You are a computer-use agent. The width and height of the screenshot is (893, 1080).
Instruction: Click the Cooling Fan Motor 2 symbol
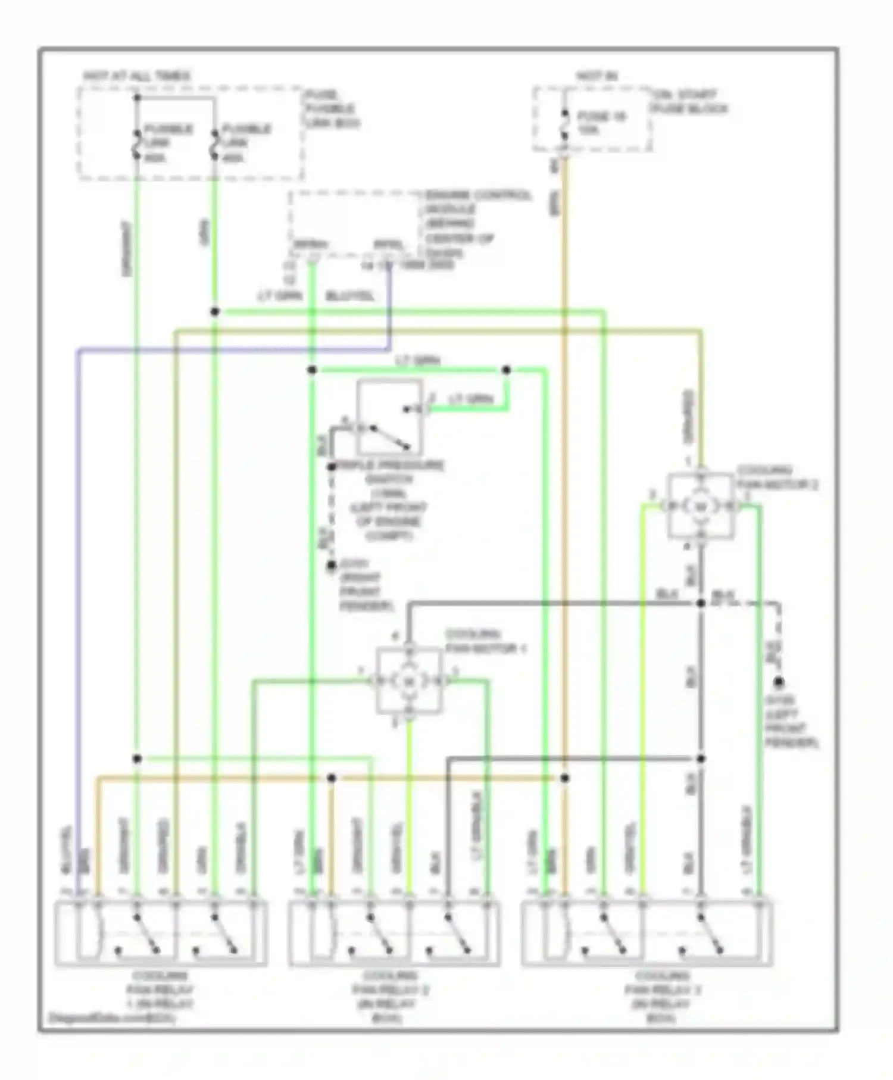pos(701,506)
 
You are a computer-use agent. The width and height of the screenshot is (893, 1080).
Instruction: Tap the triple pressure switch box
pos(389,419)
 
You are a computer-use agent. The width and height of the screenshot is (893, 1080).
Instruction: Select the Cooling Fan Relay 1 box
pos(161,934)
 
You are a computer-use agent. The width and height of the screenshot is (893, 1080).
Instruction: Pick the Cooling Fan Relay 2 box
pos(394,934)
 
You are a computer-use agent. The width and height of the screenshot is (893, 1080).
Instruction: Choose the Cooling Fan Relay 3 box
pos(647,934)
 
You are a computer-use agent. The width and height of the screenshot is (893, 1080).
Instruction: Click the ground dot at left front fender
pos(778,682)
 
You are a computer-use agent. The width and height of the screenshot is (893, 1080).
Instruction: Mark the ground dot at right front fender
pos(332,566)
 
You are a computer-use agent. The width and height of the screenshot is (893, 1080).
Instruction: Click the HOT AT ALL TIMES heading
pos(137,76)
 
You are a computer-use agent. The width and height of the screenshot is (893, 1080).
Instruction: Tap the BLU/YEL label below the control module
pos(350,296)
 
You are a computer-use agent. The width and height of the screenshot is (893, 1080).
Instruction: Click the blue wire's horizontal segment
pos(232,351)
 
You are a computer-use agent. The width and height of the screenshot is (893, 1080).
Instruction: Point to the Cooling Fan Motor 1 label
pos(485,641)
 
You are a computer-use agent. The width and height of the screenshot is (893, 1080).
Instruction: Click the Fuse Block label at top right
pos(691,102)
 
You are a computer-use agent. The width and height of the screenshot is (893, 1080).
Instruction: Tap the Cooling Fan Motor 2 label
pos(778,478)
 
